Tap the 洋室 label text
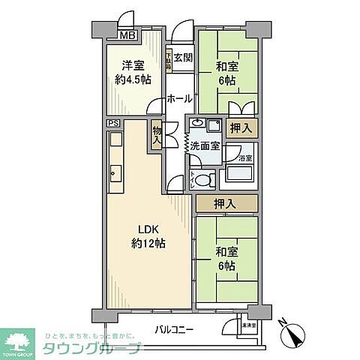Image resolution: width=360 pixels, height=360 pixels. pyautogui.click(x=126, y=64)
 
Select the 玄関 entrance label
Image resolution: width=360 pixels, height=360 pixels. pyautogui.click(x=183, y=57)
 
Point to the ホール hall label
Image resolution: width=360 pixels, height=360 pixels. pyautogui.click(x=178, y=98)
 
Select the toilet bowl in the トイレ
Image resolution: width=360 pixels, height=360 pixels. pyautogui.click(x=206, y=178)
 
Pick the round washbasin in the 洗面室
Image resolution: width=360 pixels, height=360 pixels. pyautogui.click(x=196, y=124)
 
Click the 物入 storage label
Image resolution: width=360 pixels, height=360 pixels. pyautogui.click(x=157, y=136)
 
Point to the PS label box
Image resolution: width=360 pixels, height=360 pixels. pyautogui.click(x=112, y=123)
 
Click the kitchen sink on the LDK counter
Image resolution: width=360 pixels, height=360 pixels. pyautogui.click(x=116, y=177)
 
